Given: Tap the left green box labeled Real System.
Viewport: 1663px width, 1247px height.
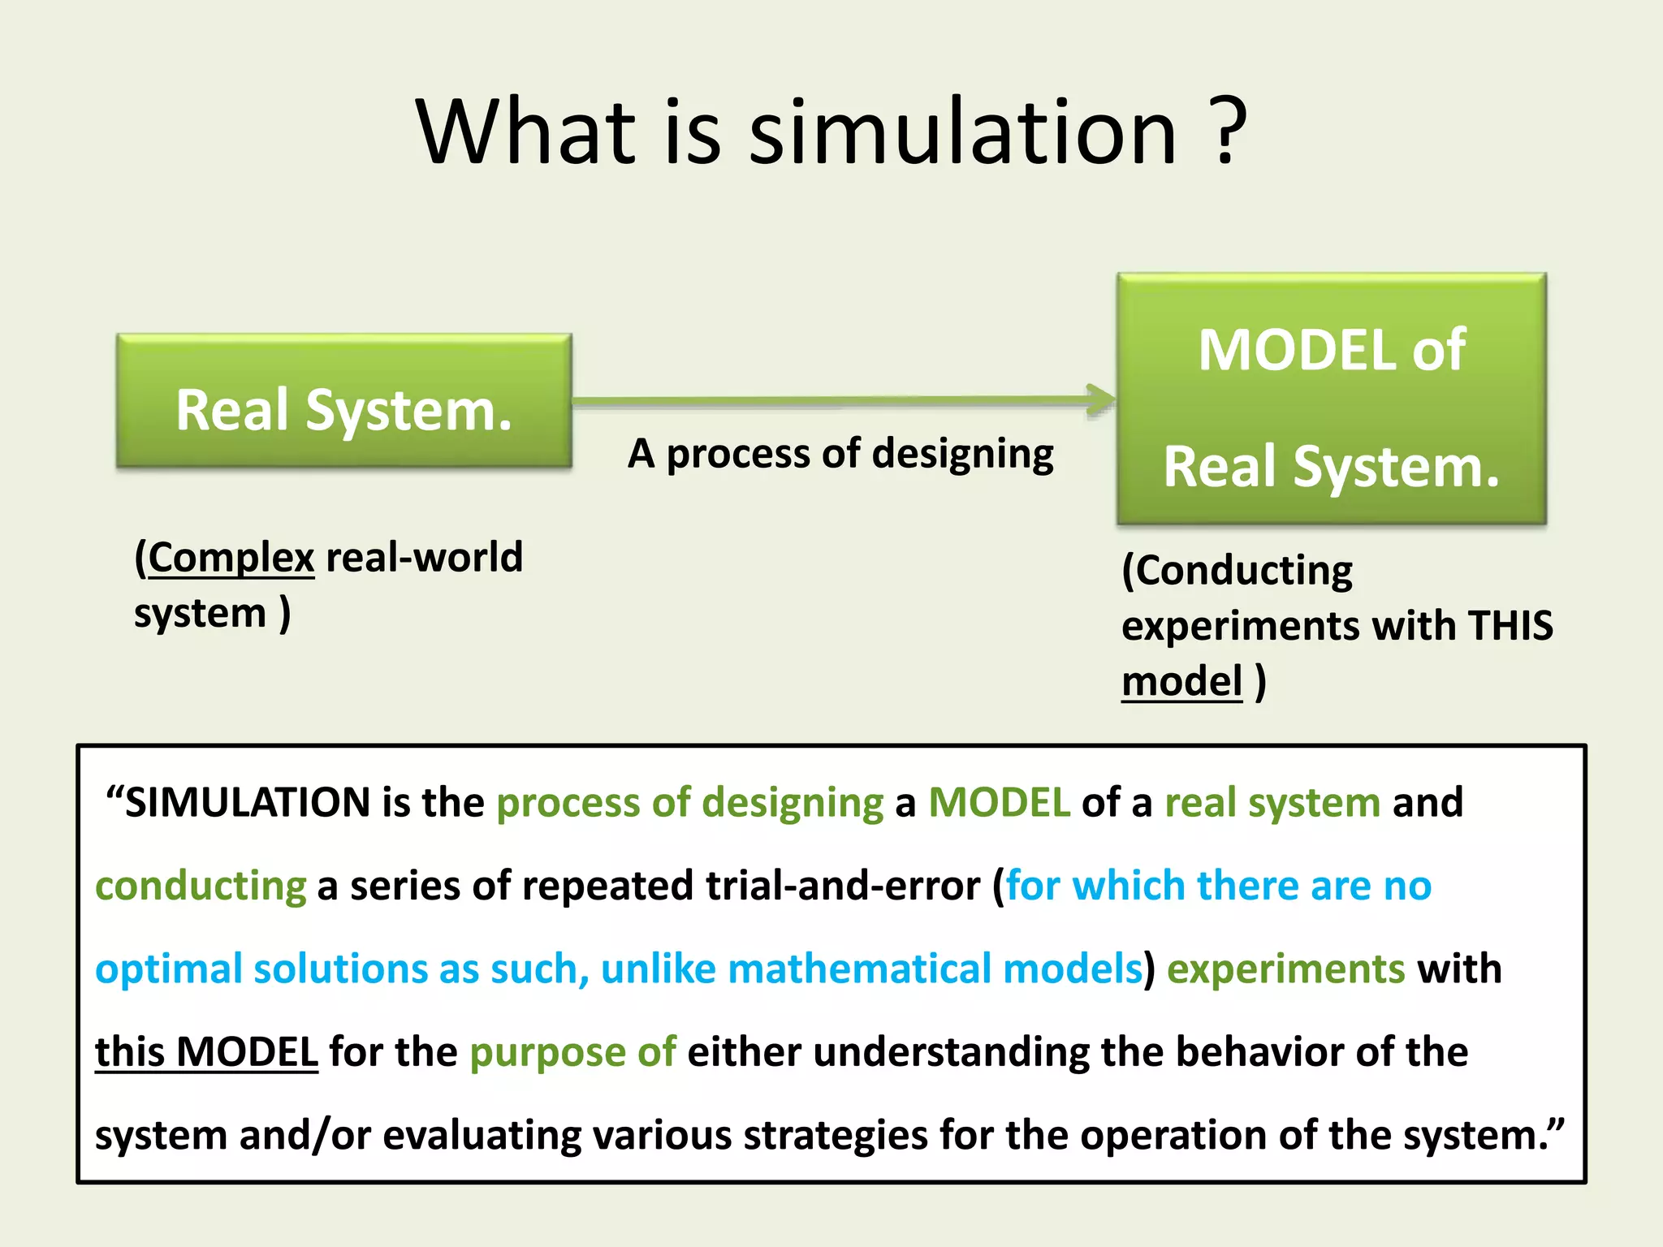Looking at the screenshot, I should click(x=344, y=402).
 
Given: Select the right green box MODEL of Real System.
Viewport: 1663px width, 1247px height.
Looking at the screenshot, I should click(x=1332, y=399).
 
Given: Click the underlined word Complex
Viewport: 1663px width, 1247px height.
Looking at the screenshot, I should click(x=231, y=558).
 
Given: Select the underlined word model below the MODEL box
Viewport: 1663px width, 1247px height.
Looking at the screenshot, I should click(x=1181, y=681).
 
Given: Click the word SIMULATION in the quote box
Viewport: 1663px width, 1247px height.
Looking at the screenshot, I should click(x=248, y=803).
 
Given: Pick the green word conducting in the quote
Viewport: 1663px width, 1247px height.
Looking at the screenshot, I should click(x=201, y=886).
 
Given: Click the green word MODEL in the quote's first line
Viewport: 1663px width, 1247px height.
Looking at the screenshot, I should click(x=999, y=803).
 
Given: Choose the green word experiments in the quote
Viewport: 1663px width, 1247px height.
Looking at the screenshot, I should click(x=1285, y=969).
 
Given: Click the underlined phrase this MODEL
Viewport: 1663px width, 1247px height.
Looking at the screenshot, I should click(x=206, y=1052).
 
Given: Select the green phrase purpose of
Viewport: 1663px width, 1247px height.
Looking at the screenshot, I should click(x=572, y=1053).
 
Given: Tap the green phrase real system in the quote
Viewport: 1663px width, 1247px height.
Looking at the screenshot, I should click(x=1272, y=803).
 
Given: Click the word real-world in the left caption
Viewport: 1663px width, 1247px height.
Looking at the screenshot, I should click(x=424, y=558).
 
